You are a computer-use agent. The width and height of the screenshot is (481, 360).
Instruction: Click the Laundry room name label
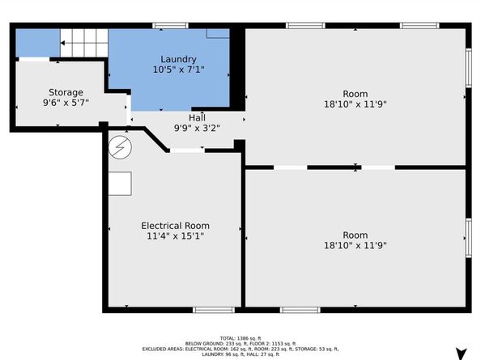[x=178, y=59]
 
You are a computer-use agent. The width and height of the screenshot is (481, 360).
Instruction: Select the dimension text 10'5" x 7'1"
[x=178, y=70]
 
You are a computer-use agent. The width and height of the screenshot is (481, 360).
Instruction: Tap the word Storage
[x=66, y=92]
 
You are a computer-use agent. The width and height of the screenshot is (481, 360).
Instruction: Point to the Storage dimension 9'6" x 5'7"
[x=66, y=104]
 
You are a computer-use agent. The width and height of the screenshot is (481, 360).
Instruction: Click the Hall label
[x=198, y=117]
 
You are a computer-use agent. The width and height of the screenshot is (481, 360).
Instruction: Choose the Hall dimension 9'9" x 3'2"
[x=198, y=128]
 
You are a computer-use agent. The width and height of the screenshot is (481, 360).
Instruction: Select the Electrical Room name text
[x=176, y=226]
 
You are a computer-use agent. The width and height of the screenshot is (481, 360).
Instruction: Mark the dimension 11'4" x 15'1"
[x=176, y=237]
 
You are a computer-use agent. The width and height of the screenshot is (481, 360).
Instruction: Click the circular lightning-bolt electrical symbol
[x=120, y=147]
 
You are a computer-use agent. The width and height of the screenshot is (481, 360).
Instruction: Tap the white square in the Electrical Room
[x=121, y=184]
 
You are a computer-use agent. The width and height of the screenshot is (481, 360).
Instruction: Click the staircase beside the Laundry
[x=84, y=41]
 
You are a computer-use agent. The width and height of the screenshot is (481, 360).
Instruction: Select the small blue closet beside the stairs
[x=37, y=42]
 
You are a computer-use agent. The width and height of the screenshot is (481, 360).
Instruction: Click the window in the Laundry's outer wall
[x=171, y=26]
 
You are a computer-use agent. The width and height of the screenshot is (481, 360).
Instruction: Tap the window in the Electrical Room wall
[x=214, y=310]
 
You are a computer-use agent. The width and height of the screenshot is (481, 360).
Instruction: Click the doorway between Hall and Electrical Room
[x=187, y=150]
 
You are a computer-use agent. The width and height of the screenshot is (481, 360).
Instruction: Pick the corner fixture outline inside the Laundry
[x=218, y=33]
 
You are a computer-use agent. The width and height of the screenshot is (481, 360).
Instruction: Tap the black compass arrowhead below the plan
[x=461, y=353]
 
